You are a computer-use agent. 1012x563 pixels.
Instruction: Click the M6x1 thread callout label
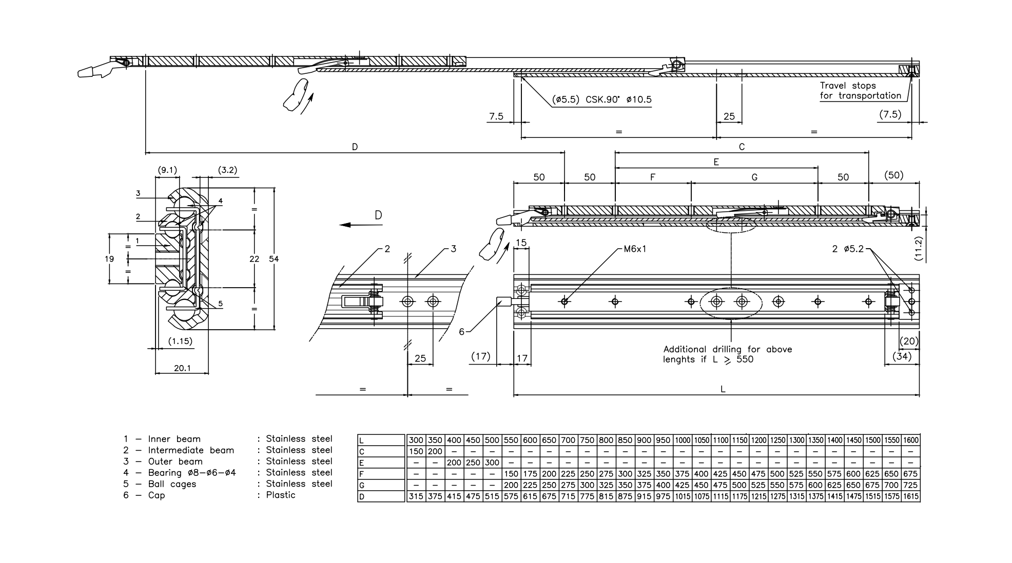click(635, 249)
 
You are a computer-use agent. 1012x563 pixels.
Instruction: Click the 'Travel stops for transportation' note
click(860, 91)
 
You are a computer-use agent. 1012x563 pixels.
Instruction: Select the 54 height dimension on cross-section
click(274, 259)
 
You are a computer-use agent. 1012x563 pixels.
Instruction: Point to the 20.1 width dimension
click(182, 368)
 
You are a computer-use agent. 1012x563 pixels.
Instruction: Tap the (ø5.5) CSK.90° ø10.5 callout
click(601, 99)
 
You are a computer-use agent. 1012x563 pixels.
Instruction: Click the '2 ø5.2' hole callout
click(848, 249)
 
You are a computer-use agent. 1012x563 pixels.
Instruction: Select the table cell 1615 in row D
click(910, 496)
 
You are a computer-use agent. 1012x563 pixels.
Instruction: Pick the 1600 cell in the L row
click(910, 440)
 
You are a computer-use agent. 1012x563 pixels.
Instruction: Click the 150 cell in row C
click(416, 451)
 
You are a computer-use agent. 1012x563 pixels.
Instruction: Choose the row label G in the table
click(362, 485)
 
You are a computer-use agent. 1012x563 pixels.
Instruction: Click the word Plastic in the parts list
click(281, 495)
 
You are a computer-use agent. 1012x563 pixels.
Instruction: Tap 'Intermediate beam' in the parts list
click(191, 450)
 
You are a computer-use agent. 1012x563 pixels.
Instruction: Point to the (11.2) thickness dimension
click(918, 249)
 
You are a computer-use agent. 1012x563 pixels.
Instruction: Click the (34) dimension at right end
click(902, 356)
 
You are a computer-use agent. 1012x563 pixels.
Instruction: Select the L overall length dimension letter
click(723, 389)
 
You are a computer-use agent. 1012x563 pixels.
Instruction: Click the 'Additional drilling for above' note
click(727, 349)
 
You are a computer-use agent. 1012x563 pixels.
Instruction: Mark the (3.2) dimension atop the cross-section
click(227, 170)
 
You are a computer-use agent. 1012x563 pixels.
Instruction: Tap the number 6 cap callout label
click(461, 332)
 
